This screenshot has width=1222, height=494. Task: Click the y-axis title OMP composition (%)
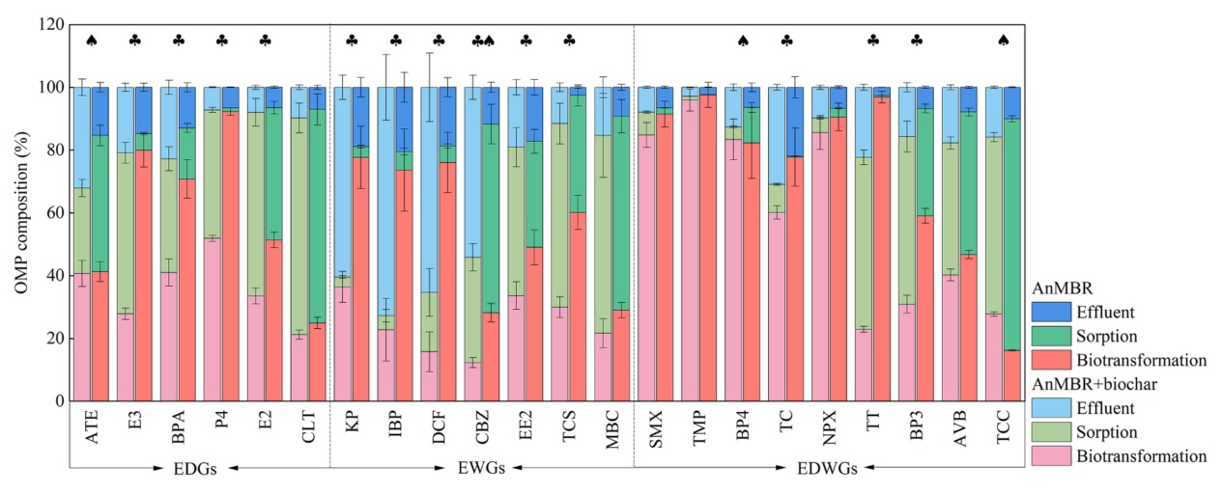[x=19, y=212]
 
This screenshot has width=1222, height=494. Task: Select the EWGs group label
[x=479, y=468]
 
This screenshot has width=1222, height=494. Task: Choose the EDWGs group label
[x=827, y=468]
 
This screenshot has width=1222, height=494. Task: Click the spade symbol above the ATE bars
[x=92, y=41]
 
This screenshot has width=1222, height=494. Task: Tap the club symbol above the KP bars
[x=352, y=41]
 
